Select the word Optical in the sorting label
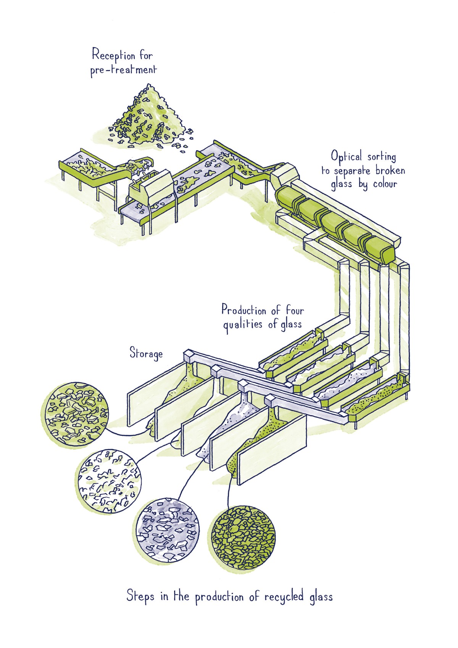pyautogui.click(x=346, y=157)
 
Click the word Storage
pyautogui.click(x=146, y=353)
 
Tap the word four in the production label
pyautogui.click(x=295, y=310)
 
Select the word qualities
pyautogui.click(x=243, y=325)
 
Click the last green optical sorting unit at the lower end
pyautogui.click(x=380, y=249)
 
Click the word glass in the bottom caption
pyautogui.click(x=321, y=597)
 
